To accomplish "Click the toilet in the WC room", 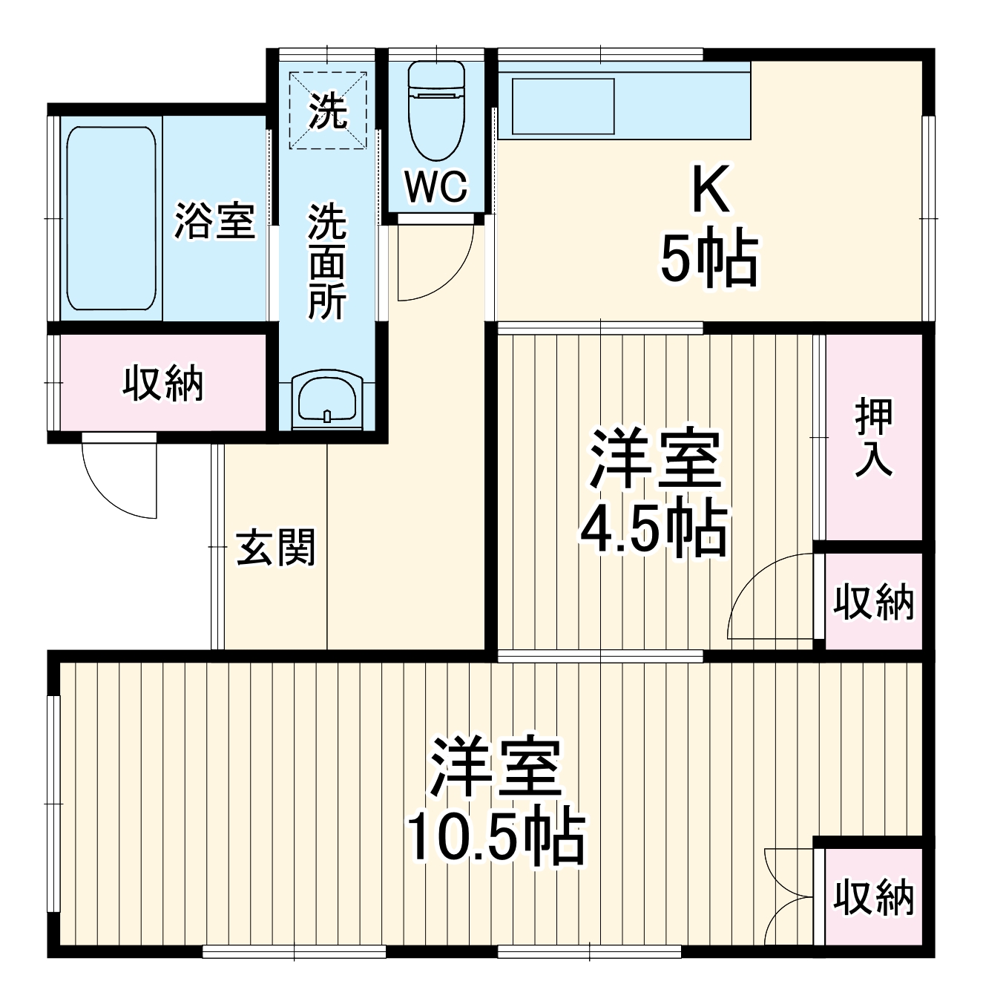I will point(436,111).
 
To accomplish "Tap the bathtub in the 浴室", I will point(111,218).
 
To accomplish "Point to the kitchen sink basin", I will point(563,106).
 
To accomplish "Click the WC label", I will point(436,186).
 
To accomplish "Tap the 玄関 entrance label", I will point(276,548).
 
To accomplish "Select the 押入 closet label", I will point(873,437).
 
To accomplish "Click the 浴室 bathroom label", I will point(215,220).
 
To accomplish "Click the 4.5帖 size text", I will point(653,531).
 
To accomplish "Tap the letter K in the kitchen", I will point(710,191).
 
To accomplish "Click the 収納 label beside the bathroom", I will point(162,384).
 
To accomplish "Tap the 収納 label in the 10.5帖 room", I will point(873,897).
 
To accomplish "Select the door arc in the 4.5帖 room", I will point(768,597).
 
